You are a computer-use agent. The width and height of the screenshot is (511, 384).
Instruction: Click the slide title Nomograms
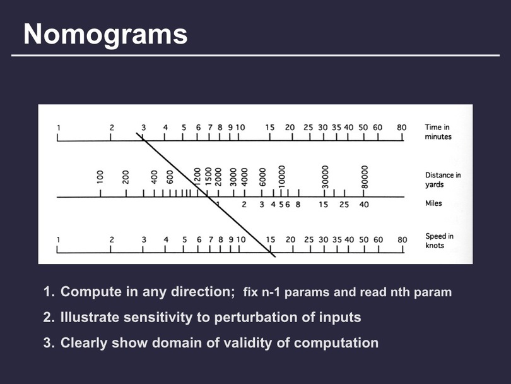105,35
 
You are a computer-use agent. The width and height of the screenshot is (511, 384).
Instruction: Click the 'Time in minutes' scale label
438,132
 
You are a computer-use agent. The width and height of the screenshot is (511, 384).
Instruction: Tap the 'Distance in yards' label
443,180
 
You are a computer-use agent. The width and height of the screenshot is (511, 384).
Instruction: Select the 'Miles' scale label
433,203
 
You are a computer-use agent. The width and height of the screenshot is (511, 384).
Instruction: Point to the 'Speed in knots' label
439,241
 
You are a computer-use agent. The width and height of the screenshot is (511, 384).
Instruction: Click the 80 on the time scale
401,128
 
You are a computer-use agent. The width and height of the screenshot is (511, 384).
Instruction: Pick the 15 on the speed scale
270,240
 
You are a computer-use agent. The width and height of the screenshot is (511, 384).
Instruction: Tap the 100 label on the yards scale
100,176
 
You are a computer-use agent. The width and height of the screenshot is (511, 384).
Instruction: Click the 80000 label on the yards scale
365,177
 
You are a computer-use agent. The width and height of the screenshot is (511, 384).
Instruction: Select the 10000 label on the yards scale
281,176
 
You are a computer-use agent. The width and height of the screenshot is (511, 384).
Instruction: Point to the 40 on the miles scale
364,205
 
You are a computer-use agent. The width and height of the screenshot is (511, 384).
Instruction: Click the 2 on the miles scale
244,205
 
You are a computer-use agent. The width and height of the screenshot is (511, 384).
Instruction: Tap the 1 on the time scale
59,128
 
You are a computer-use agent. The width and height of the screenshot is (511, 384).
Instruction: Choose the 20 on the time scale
290,128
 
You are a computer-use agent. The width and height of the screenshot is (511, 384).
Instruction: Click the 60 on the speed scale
378,240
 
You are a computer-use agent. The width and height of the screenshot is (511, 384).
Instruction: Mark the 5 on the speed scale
184,240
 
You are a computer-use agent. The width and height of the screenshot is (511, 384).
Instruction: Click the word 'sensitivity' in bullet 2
158,318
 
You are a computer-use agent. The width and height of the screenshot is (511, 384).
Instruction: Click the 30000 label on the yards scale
324,177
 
